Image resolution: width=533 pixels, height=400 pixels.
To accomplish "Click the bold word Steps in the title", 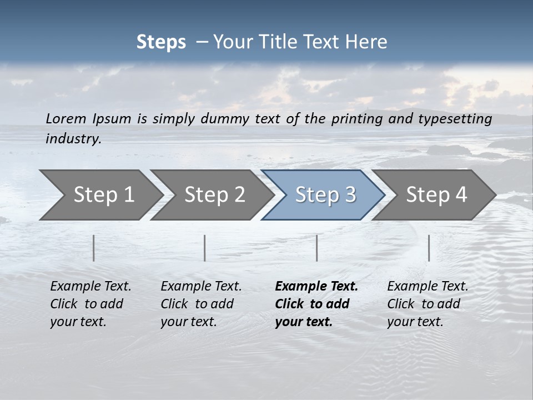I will pyautogui.click(x=161, y=42).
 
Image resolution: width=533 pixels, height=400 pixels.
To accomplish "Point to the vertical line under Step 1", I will pyautogui.click(x=94, y=248).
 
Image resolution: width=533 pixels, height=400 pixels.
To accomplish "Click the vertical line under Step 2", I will pyautogui.click(x=205, y=248).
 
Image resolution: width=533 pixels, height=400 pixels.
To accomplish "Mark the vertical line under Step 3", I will pyautogui.click(x=317, y=248).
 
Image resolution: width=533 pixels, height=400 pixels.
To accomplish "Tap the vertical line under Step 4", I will pyautogui.click(x=429, y=248).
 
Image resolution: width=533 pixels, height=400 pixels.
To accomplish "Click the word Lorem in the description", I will pyautogui.click(x=66, y=119).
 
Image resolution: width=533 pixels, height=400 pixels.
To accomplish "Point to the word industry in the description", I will pyautogui.click(x=73, y=139).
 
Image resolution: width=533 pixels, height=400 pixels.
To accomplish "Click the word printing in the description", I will pyautogui.click(x=356, y=119).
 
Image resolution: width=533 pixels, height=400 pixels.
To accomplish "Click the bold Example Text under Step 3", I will pyautogui.click(x=316, y=287).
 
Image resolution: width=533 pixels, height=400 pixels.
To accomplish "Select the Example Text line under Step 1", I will pyautogui.click(x=90, y=287).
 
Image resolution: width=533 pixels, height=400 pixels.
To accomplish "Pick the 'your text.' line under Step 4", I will pyautogui.click(x=415, y=322).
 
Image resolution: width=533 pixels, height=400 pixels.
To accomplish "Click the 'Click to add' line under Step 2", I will pyautogui.click(x=197, y=304).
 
